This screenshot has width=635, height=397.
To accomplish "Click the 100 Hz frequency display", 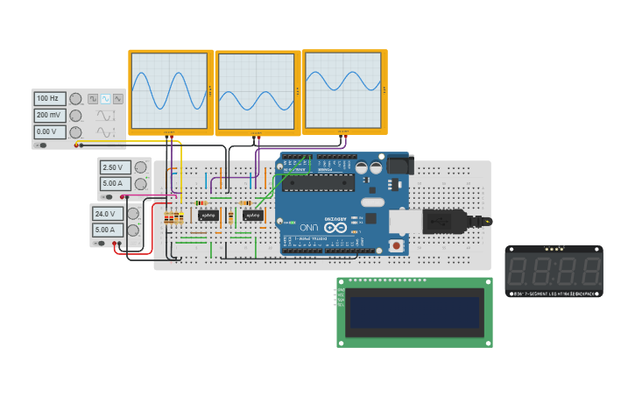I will pos(50,99).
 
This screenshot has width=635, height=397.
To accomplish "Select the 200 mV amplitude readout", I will pos(50,116).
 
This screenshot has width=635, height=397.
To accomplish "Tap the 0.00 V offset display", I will pos(50,132).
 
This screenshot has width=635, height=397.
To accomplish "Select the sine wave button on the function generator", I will pos(105,99).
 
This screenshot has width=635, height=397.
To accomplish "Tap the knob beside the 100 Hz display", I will pos(75,99).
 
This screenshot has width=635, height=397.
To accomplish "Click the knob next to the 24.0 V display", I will pos(134,214).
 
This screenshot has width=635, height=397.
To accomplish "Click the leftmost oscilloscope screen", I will pos(169,91).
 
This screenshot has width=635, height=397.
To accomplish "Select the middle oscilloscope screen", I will pos(257,91).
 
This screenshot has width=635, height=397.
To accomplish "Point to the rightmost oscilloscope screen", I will pos(343,89).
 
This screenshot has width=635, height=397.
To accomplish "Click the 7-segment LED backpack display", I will pos(554,271).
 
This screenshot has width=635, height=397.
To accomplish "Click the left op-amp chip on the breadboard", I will pos(208,215).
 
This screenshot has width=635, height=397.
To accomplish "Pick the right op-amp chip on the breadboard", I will pos(252,215).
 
